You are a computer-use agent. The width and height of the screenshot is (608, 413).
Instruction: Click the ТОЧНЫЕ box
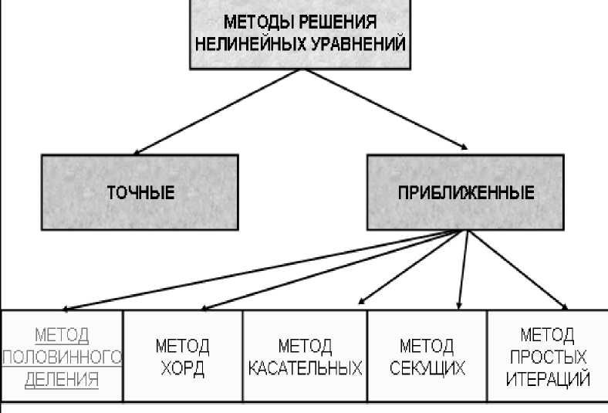[140, 192]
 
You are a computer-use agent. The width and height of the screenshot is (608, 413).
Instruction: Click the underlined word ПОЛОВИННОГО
[62, 357]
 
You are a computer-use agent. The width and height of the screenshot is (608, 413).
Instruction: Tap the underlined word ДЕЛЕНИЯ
[62, 378]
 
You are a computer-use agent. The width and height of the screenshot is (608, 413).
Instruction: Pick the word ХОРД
[183, 367]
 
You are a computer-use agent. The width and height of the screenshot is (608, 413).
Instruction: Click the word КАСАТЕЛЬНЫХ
[305, 367]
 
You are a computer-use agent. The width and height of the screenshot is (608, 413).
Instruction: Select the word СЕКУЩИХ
[427, 367]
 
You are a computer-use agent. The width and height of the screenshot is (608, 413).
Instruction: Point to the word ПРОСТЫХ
[548, 357]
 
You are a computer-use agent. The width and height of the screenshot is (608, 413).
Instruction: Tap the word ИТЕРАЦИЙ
[548, 379]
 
